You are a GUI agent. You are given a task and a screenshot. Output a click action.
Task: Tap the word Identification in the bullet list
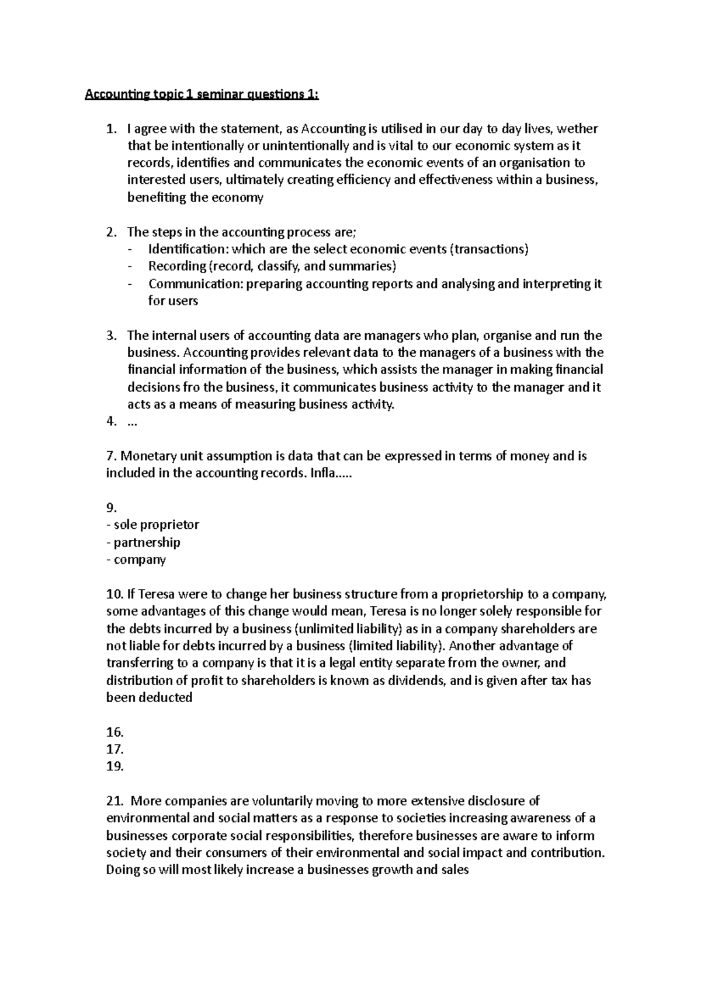[x=189, y=249]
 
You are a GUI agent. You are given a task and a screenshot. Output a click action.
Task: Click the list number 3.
[x=111, y=336]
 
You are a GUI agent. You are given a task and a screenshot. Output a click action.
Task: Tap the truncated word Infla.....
[x=331, y=473]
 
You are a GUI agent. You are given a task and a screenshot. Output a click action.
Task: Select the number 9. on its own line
[x=111, y=508]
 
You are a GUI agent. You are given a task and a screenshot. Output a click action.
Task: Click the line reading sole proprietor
[x=153, y=525]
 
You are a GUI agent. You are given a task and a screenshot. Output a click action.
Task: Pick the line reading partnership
[x=144, y=542]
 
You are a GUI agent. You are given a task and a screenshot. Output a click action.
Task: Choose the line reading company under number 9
[x=137, y=560]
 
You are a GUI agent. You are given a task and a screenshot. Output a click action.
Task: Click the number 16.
[x=115, y=732]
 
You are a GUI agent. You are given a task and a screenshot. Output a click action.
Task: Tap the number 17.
[x=115, y=749]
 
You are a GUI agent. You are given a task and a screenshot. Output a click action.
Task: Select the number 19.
[x=115, y=766]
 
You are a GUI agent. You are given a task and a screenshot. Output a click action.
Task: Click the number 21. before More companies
[x=115, y=801]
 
